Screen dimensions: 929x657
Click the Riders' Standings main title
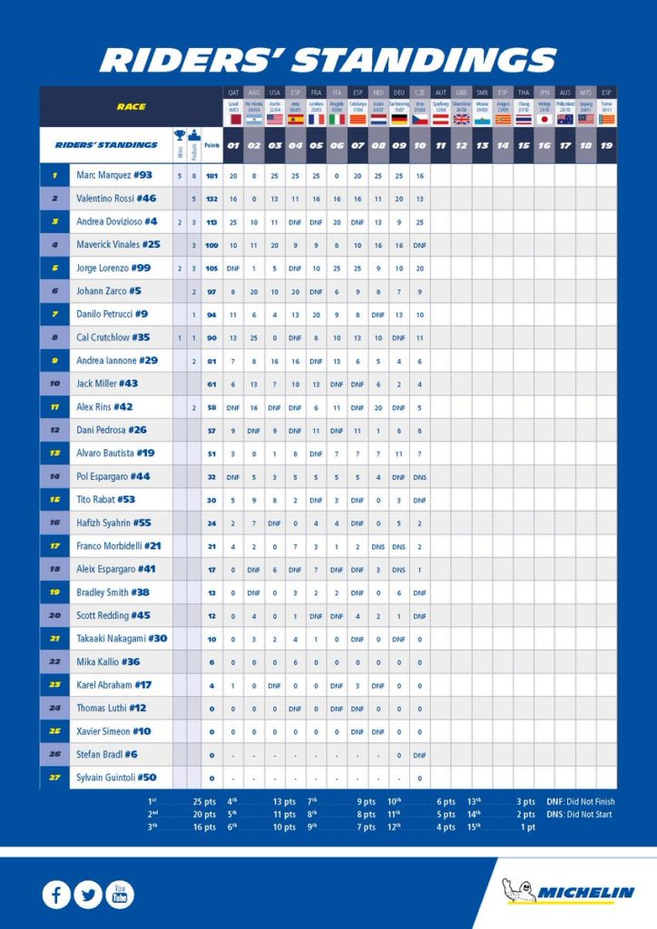click(328, 60)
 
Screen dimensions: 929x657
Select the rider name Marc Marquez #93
click(113, 175)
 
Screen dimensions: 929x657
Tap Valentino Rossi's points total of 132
click(211, 198)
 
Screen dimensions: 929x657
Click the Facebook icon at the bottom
click(56, 895)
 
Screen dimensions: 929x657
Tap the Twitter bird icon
click(88, 895)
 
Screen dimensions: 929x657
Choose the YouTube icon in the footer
click(120, 895)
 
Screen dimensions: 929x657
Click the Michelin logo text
click(585, 893)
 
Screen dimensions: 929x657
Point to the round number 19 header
click(606, 145)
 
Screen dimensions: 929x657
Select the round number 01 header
click(233, 145)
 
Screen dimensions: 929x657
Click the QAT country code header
click(233, 93)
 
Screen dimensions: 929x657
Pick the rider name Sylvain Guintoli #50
click(116, 777)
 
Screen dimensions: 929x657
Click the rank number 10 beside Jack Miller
click(54, 384)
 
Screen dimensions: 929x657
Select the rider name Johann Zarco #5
click(108, 291)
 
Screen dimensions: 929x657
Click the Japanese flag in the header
click(544, 119)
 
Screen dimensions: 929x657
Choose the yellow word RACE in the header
click(131, 107)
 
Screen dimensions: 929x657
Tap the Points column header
click(211, 145)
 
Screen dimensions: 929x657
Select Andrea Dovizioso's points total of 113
click(211, 221)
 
